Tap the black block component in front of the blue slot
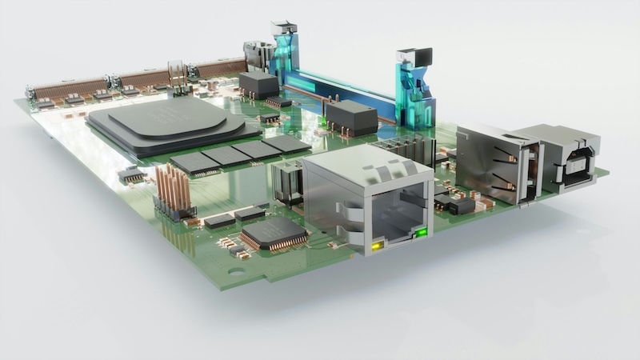(350, 118)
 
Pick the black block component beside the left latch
(258, 84)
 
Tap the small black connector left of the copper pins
(130, 174)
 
